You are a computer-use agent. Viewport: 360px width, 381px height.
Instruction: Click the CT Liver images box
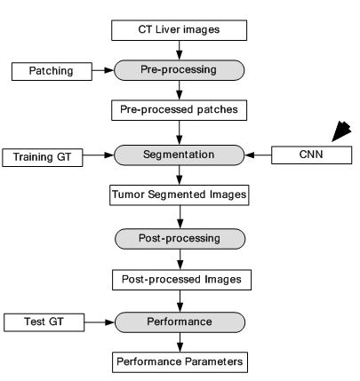(179, 30)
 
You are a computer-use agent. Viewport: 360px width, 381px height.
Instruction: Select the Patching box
(52, 71)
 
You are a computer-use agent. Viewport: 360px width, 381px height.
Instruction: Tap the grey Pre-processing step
(179, 70)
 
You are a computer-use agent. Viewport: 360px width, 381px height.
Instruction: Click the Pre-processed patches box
(179, 110)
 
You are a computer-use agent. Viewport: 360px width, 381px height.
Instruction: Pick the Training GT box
(43, 157)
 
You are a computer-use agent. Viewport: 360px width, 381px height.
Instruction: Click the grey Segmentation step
(179, 155)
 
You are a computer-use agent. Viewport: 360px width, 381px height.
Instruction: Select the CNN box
(312, 155)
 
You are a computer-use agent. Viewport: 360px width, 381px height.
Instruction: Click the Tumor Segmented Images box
(180, 195)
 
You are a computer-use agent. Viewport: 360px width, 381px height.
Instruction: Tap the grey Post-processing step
(180, 239)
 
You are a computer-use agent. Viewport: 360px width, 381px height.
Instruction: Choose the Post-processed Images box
(181, 280)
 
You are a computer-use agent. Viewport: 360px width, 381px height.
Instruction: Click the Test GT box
(44, 322)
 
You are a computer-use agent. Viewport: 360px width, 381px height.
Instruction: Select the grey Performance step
(180, 322)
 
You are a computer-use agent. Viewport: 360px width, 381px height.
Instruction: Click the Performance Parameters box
(180, 362)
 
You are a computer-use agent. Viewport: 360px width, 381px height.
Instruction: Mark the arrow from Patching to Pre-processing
(103, 70)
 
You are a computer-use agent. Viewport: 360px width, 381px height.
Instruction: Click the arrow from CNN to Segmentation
(258, 155)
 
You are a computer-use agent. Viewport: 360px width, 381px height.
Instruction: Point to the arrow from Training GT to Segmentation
(99, 155)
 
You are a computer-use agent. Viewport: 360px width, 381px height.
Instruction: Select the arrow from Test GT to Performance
(100, 322)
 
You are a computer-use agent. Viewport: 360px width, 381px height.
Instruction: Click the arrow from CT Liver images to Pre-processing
(179, 51)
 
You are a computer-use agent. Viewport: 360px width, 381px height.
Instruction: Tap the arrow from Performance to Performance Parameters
(180, 342)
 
